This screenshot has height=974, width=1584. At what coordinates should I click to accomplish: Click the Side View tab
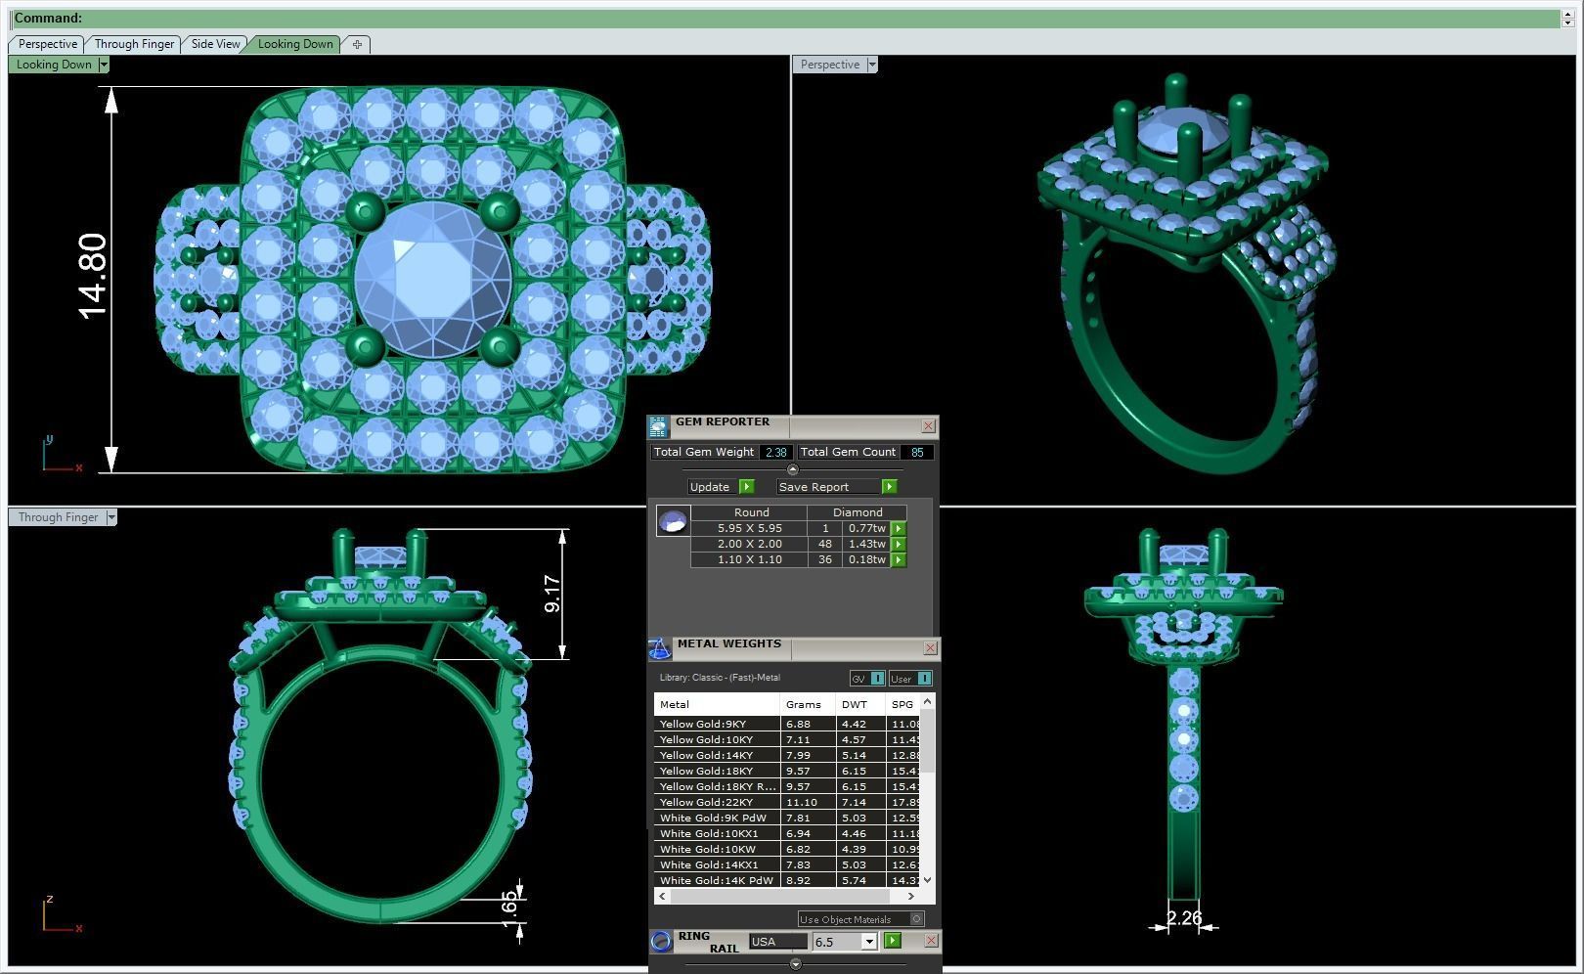coord(215,44)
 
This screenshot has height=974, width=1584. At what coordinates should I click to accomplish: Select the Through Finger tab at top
coord(134,44)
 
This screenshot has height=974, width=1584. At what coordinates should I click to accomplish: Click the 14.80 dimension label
coord(92,276)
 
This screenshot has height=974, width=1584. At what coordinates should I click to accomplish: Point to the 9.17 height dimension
coord(552,594)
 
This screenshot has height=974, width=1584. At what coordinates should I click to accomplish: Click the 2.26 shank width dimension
coord(1184,918)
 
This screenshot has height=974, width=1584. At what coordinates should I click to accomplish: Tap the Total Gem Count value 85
coord(916,452)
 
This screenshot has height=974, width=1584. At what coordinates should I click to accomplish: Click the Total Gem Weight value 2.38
coord(775,452)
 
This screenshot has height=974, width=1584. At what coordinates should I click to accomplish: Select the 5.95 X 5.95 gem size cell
coord(749,528)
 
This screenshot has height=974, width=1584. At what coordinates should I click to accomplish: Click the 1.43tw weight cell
coord(866,544)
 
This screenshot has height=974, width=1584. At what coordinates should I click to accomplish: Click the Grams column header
coord(803,704)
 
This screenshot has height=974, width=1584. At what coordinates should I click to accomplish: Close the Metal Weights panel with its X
coord(930,647)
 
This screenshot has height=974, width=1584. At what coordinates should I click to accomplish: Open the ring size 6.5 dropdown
coord(868,942)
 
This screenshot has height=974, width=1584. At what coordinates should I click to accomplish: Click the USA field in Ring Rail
coord(777,942)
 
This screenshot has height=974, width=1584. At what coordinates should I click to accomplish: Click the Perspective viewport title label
coord(829,65)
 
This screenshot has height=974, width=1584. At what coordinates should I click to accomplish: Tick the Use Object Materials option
coord(916,919)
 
